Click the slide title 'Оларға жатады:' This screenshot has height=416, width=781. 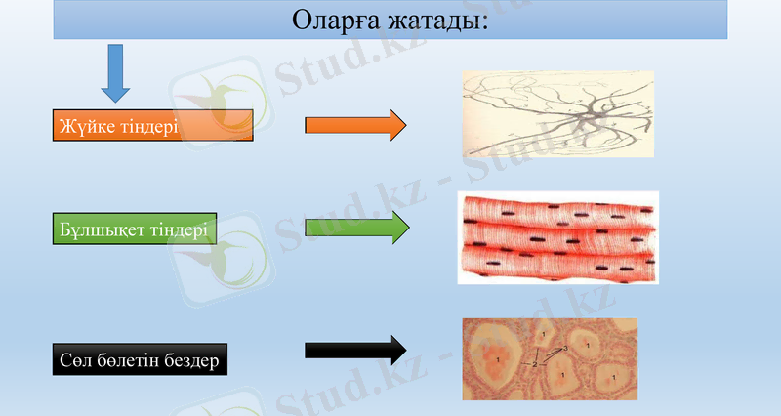click(390, 20)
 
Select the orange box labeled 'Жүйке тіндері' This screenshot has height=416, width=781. click(153, 126)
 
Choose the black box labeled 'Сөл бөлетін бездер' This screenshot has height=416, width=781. click(139, 360)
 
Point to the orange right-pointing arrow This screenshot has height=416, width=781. click(354, 125)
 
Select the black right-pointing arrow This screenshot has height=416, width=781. click(354, 350)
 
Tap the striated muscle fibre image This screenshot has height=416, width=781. click(557, 237)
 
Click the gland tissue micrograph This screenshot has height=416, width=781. click(549, 358)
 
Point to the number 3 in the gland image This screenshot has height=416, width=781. click(565, 349)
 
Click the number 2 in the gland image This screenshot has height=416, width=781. click(535, 364)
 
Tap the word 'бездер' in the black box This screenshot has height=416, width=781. click(189, 360)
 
